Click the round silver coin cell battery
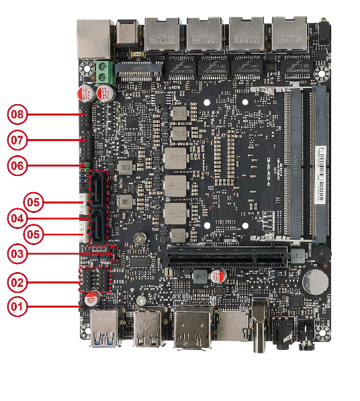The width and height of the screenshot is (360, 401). pos(314,281)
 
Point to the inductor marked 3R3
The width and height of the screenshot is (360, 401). pos(124,166)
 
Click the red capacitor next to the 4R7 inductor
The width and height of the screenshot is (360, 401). pos(219,276)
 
